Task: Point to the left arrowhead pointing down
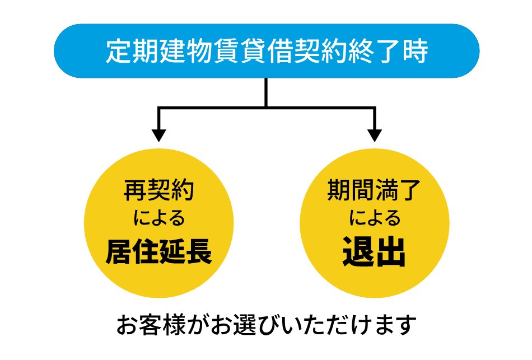point(159,134)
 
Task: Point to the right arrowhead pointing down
point(374,134)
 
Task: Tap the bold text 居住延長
point(159,252)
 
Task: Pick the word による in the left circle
point(159,218)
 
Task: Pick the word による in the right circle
point(374,218)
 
